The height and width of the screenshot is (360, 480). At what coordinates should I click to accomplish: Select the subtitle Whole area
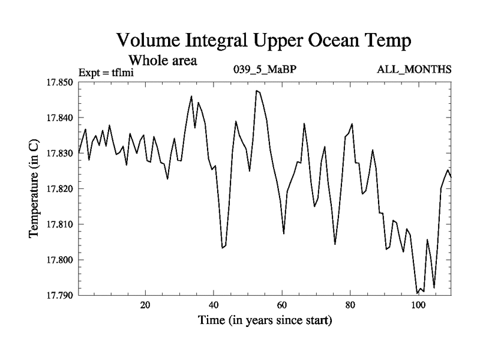[x=163, y=61]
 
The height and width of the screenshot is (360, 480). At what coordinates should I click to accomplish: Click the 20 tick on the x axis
[x=145, y=305]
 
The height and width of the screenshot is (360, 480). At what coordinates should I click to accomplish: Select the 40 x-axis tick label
[x=214, y=305]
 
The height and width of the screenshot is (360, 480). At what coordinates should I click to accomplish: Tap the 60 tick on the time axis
[x=281, y=305]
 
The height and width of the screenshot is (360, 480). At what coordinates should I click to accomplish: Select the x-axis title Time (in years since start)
[x=265, y=321]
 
